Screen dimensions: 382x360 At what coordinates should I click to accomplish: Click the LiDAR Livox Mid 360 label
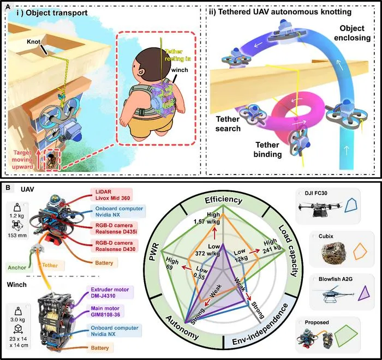point(111,195)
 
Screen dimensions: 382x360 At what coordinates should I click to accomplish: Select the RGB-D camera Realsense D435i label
point(114,229)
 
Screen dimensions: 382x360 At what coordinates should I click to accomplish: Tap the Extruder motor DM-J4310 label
point(110,292)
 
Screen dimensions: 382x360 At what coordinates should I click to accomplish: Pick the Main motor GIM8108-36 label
point(106,311)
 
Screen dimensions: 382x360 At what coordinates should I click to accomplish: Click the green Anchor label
point(17,267)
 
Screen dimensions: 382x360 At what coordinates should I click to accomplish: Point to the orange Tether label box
point(50,265)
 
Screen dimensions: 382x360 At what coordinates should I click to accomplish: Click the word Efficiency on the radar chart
point(223,200)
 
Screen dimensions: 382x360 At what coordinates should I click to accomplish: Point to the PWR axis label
point(154,252)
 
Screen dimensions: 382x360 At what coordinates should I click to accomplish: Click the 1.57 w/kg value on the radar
point(207,222)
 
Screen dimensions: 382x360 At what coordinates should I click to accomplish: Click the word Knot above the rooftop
point(33,41)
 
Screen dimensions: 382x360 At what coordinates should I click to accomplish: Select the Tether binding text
point(267,149)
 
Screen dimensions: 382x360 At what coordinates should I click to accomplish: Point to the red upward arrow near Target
point(38,160)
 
